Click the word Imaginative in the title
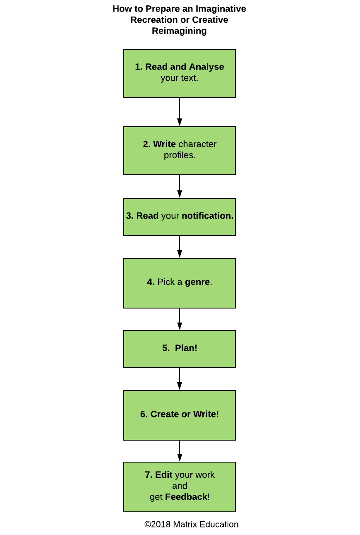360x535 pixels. click(221, 9)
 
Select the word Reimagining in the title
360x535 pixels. click(179, 31)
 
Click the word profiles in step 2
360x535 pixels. click(180, 155)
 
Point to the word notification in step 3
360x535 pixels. click(207, 216)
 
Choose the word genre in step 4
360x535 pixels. click(197, 282)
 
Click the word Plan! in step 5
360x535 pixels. click(186, 348)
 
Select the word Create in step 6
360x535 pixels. click(165, 414)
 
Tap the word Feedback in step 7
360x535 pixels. click(186, 497)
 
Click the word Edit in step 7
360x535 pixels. click(164, 475)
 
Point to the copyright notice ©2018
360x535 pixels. click(158, 524)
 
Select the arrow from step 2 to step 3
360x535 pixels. click(180, 186)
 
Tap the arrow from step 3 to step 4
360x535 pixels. click(180, 247)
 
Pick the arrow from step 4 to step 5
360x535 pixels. click(180, 319)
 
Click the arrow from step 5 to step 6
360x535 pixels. click(180, 379)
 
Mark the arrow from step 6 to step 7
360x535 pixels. click(180, 451)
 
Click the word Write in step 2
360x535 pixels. click(164, 144)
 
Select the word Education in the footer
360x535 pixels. click(219, 524)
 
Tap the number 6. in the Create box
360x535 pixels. click(144, 414)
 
